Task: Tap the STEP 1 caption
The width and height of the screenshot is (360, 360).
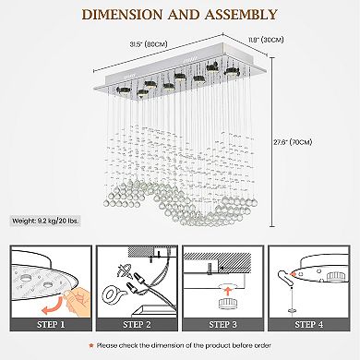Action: point(52,324)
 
